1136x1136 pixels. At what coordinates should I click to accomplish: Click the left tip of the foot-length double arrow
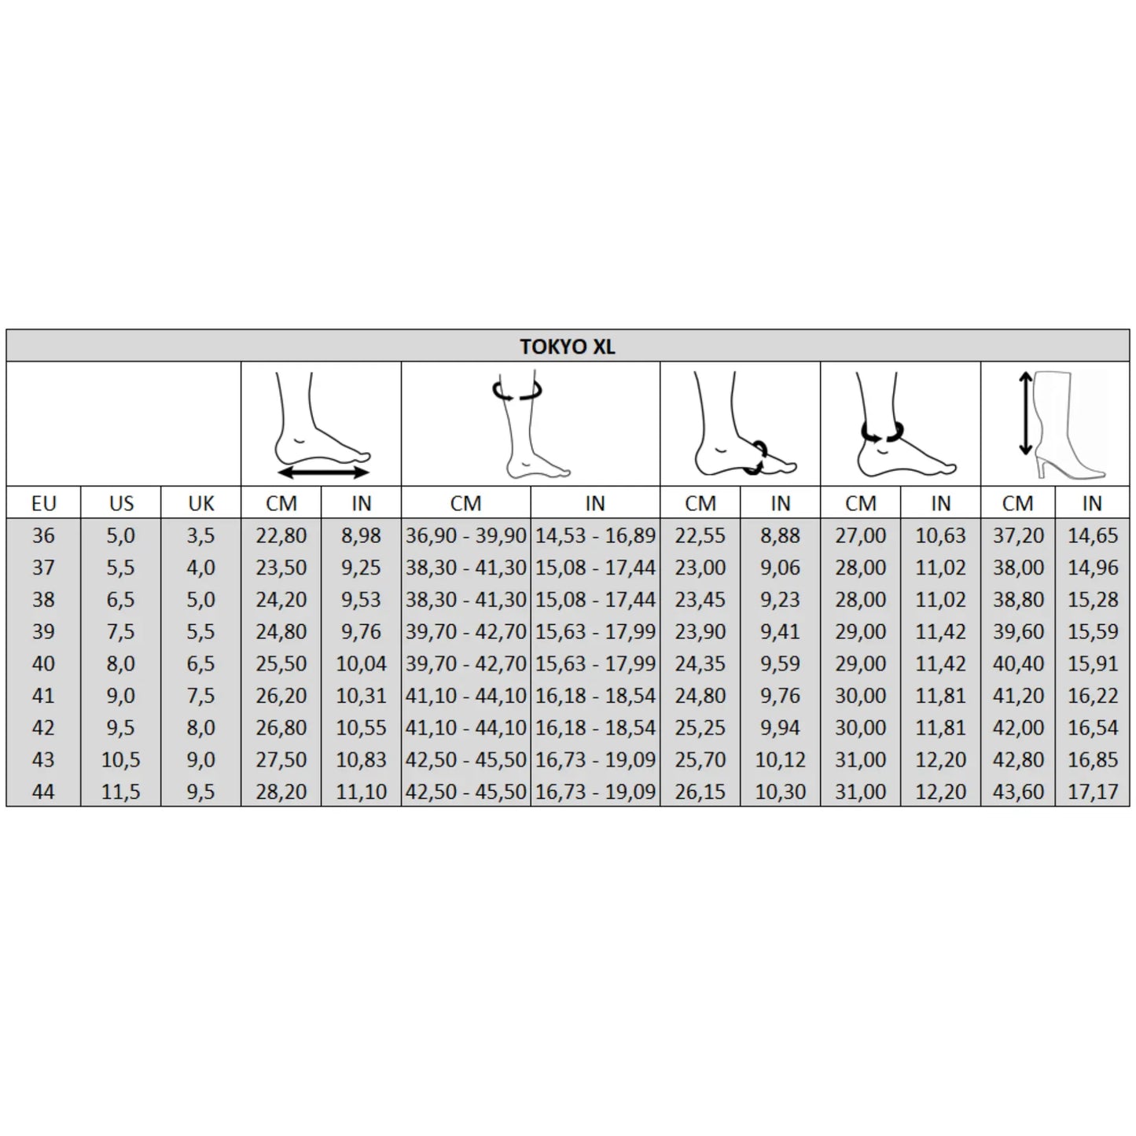tap(278, 472)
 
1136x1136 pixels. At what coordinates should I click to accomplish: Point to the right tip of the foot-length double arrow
tap(369, 472)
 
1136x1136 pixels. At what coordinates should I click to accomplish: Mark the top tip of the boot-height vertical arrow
tap(1025, 372)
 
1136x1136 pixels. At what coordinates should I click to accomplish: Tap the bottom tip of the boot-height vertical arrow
tap(1025, 456)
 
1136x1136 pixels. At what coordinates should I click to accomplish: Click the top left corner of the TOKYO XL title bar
tap(6, 329)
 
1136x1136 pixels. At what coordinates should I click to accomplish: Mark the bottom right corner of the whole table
tap(1130, 805)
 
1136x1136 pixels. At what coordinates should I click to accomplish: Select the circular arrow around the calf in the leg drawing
tap(517, 390)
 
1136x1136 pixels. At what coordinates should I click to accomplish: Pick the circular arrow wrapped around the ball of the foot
tap(755, 458)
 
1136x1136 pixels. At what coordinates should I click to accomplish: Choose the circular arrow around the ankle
tap(882, 432)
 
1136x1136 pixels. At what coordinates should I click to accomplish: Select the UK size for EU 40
tap(200, 664)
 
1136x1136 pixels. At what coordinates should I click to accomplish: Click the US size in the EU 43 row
tap(121, 759)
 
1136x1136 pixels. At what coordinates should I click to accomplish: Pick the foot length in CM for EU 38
tap(281, 599)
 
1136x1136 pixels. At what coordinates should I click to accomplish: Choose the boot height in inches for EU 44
tap(1093, 791)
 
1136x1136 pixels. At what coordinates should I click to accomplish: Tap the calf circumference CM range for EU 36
tap(465, 535)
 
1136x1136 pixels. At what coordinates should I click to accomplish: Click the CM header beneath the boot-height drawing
tap(1017, 503)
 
